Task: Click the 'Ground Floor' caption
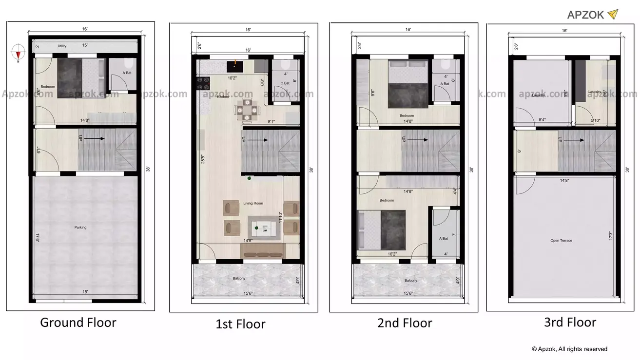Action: click(x=78, y=322)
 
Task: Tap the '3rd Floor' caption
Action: click(x=570, y=322)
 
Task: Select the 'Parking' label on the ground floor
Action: click(x=80, y=227)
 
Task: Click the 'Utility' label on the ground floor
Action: click(x=62, y=46)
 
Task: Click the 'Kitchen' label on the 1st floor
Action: click(x=223, y=97)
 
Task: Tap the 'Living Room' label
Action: click(x=253, y=203)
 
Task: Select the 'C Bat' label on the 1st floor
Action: click(x=285, y=83)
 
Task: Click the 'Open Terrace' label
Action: click(x=561, y=241)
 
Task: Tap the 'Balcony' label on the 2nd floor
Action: click(x=410, y=281)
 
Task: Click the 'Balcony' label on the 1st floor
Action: click(x=239, y=279)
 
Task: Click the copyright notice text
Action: click(x=569, y=349)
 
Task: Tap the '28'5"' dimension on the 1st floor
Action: click(x=202, y=160)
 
